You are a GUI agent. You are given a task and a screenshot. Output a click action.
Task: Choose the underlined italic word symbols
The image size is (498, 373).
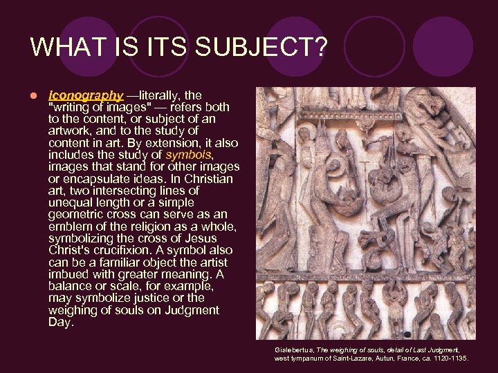pyautogui.click(x=187, y=154)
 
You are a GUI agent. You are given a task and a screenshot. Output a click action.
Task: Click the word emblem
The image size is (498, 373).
pyautogui.click(x=69, y=227)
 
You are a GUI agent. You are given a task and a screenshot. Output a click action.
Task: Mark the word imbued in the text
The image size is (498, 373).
pyautogui.click(x=68, y=274)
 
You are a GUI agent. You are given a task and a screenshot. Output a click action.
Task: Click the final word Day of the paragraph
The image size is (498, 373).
pyautogui.click(x=59, y=323)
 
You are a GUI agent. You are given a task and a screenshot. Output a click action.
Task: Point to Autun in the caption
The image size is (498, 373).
pyautogui.click(x=393, y=358)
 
